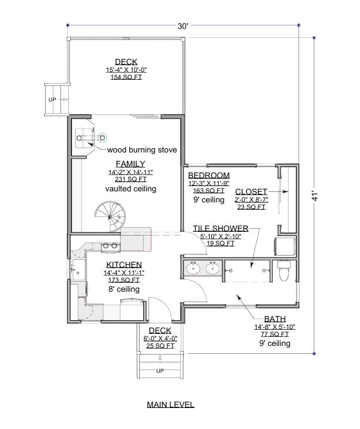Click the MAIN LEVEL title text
coord(170,404)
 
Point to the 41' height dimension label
coord(315,196)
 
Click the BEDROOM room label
coord(209,175)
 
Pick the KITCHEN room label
coord(124,264)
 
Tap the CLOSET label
coord(251,191)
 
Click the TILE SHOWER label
coord(220,228)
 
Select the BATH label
coord(275,319)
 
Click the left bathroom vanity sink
coord(193,269)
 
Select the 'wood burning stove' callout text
coord(142,150)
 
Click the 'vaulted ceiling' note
coord(130,188)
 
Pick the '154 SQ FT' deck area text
coord(126,77)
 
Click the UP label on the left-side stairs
coord(53,99)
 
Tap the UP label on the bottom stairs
coord(159,371)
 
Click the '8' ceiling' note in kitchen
coord(124,289)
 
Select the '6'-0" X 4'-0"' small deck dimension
coord(160,339)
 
